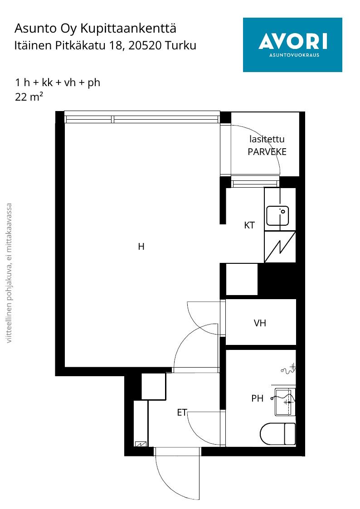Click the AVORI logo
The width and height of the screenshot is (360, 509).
292,45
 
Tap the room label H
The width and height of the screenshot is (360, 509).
141,247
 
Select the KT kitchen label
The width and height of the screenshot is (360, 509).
249,225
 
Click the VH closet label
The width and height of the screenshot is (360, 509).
260,323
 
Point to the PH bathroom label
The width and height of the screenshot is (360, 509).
258,398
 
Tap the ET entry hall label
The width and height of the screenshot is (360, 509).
182,412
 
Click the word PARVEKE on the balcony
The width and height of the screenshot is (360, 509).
267,152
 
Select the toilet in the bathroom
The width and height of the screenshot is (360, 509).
278,434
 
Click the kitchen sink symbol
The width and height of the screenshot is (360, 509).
277,216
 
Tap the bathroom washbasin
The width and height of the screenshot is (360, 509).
285,402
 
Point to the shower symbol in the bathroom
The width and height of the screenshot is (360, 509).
288,369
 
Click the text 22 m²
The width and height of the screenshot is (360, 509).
29,97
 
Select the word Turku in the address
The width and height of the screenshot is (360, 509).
180,45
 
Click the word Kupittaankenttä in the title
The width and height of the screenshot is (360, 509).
128,29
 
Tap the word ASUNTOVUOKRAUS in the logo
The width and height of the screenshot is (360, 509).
294,55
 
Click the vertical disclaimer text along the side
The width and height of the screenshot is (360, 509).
9,273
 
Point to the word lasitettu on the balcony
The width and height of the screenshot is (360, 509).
267,139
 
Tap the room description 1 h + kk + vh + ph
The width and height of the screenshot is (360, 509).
58,82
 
